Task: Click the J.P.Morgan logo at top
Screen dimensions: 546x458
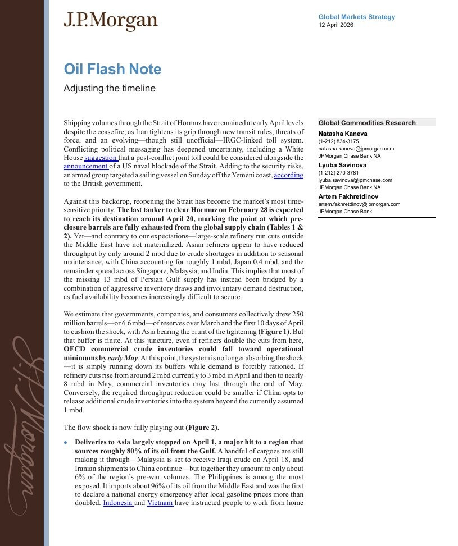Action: [x=111, y=21]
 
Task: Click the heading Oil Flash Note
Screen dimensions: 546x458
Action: [x=112, y=70]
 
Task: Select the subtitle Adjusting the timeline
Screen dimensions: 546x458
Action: [x=110, y=89]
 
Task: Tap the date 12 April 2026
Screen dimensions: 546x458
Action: [x=336, y=25]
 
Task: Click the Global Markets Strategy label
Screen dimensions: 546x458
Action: [x=356, y=17]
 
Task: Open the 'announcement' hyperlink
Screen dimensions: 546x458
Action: [x=85, y=166]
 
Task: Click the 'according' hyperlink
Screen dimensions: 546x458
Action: [x=288, y=175]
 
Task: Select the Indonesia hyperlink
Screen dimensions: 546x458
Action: [x=118, y=503]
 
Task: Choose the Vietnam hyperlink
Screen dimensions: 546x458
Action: [x=160, y=503]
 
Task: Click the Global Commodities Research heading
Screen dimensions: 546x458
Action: [x=367, y=123]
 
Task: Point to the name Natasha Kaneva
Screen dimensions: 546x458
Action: [x=343, y=134]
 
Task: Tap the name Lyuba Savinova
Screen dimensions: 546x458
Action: [x=342, y=166]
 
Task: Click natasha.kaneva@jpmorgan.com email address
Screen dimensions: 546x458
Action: [x=356, y=149]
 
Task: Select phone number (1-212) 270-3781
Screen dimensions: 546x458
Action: [x=338, y=173]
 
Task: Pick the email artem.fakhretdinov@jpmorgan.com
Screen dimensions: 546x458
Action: [x=359, y=204]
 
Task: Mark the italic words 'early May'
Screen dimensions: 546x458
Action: [x=123, y=357]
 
